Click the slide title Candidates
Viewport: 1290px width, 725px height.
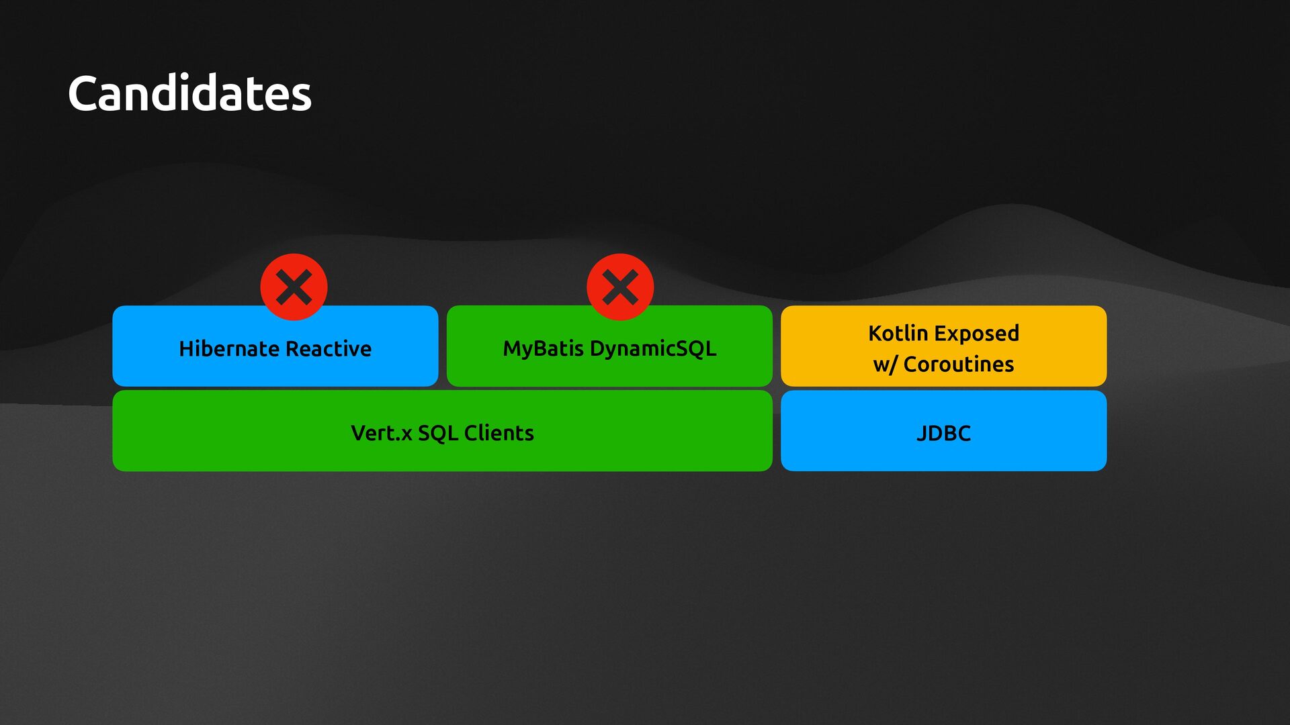[189, 93]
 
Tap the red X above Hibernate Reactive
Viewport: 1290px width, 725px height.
[294, 287]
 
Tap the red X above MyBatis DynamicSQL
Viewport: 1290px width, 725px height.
[620, 287]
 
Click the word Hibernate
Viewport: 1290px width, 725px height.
[228, 348]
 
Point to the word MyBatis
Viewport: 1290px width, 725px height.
[543, 348]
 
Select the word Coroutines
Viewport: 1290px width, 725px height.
[958, 364]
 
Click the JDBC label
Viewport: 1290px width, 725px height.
[943, 433]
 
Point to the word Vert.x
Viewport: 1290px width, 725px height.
[381, 433]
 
